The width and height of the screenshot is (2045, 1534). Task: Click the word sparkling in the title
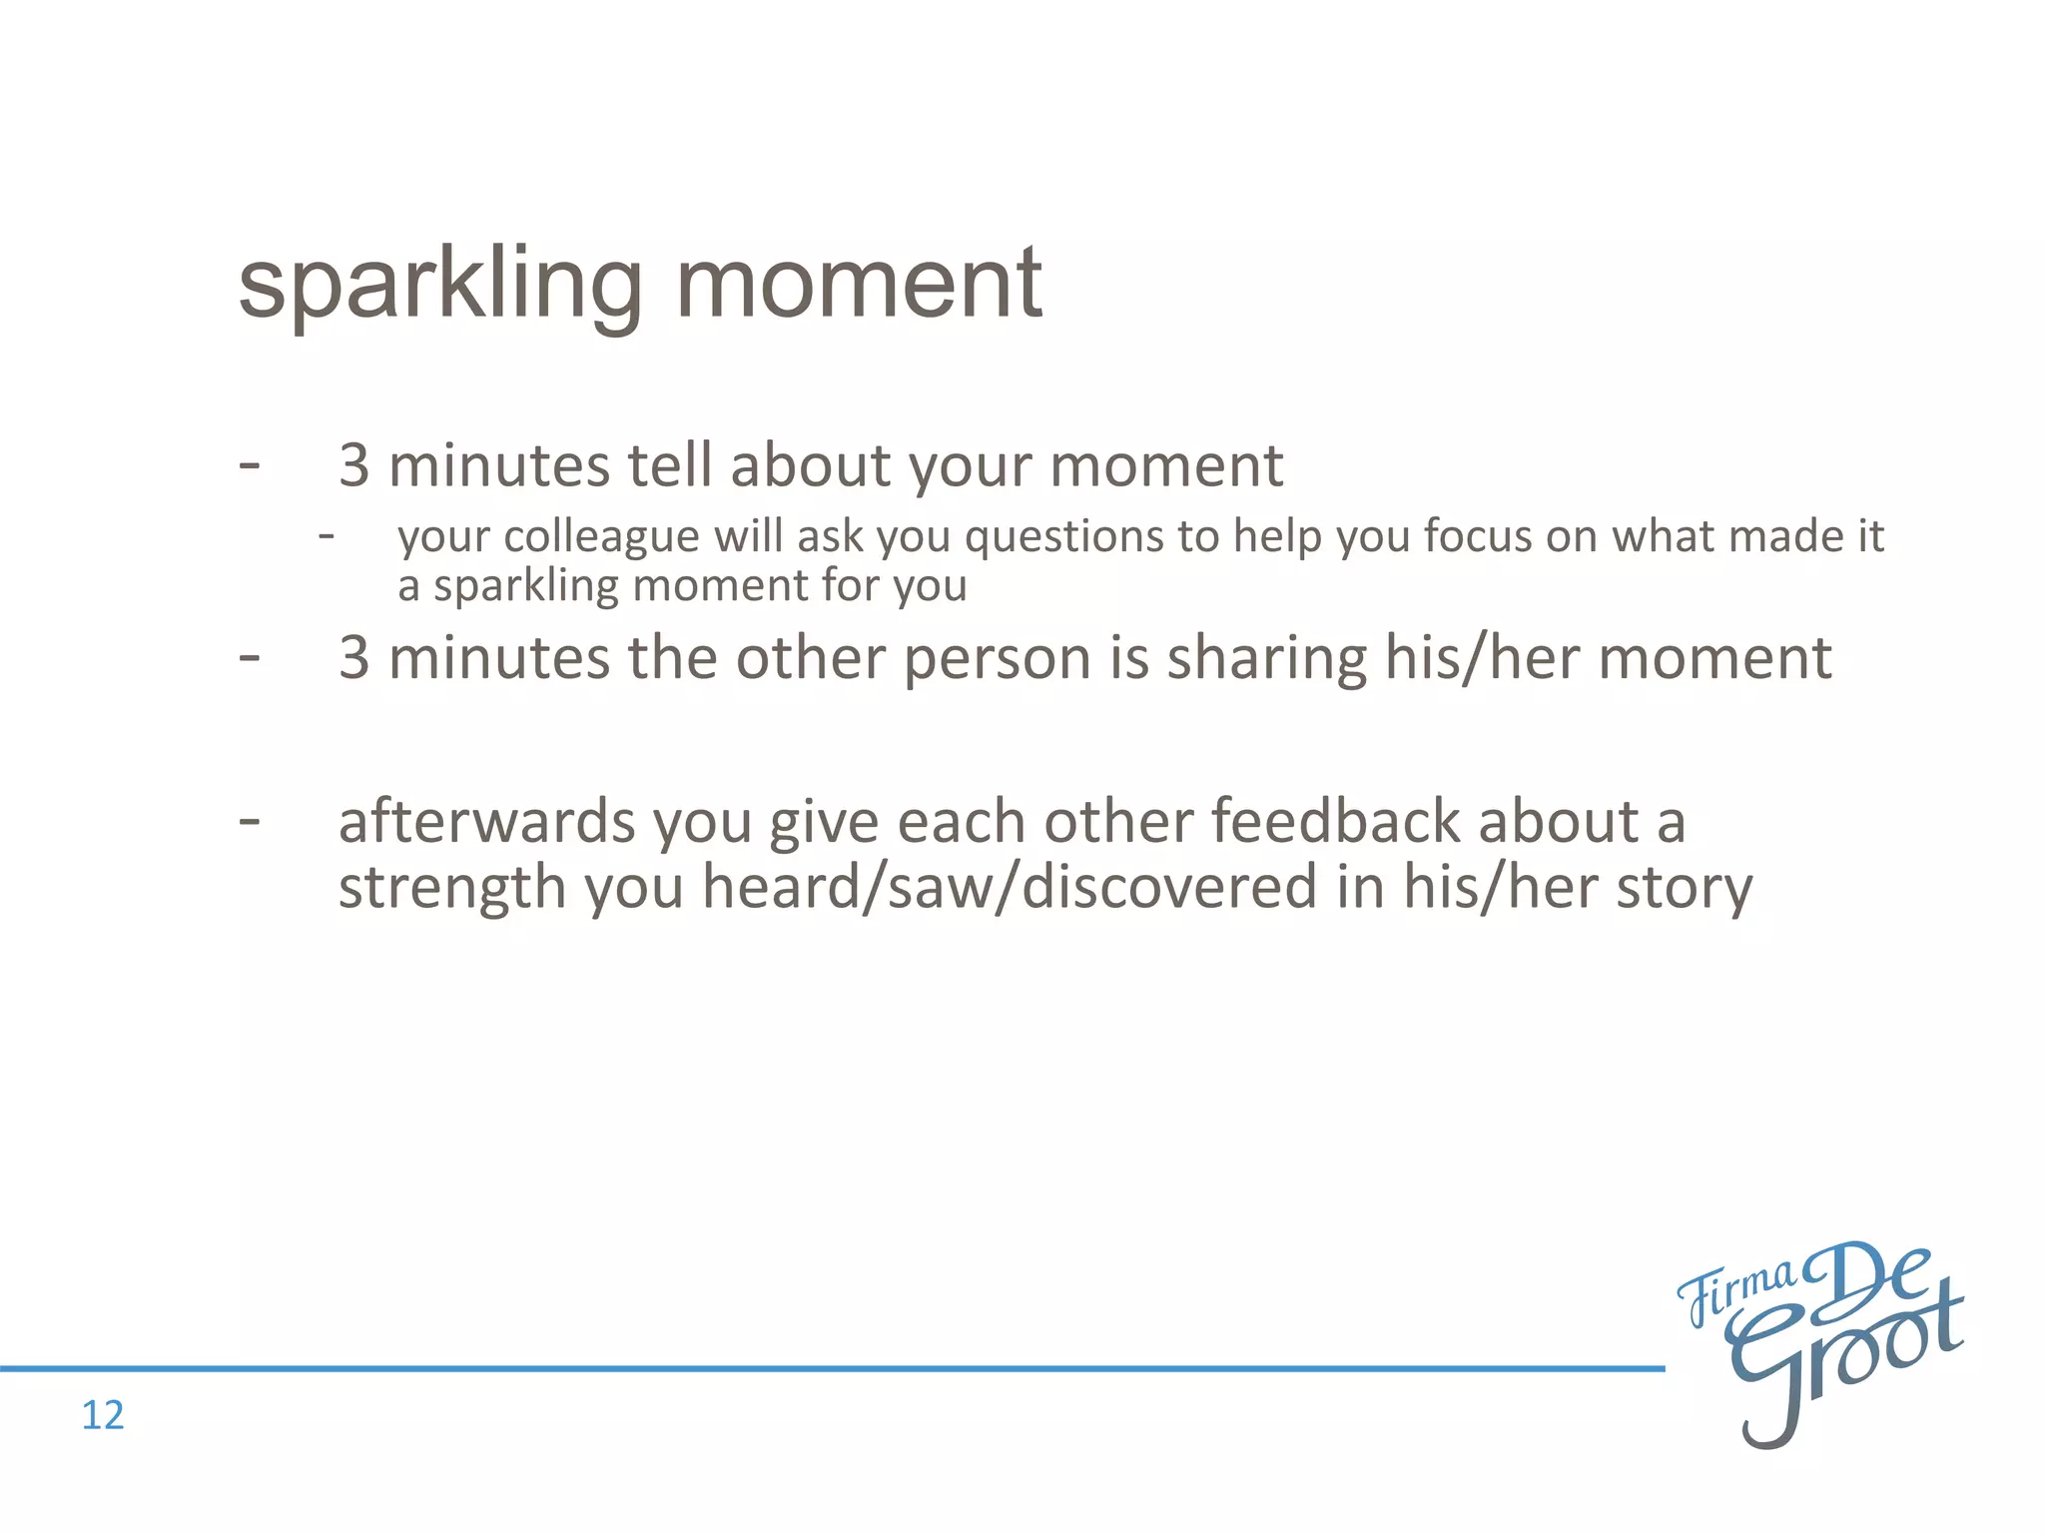pyautogui.click(x=439, y=287)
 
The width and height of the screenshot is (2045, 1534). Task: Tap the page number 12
pyautogui.click(x=102, y=1415)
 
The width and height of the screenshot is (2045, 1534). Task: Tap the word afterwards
pyautogui.click(x=487, y=822)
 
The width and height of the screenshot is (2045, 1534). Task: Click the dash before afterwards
pyautogui.click(x=250, y=822)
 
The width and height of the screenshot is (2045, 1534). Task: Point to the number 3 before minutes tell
pyautogui.click(x=353, y=466)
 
